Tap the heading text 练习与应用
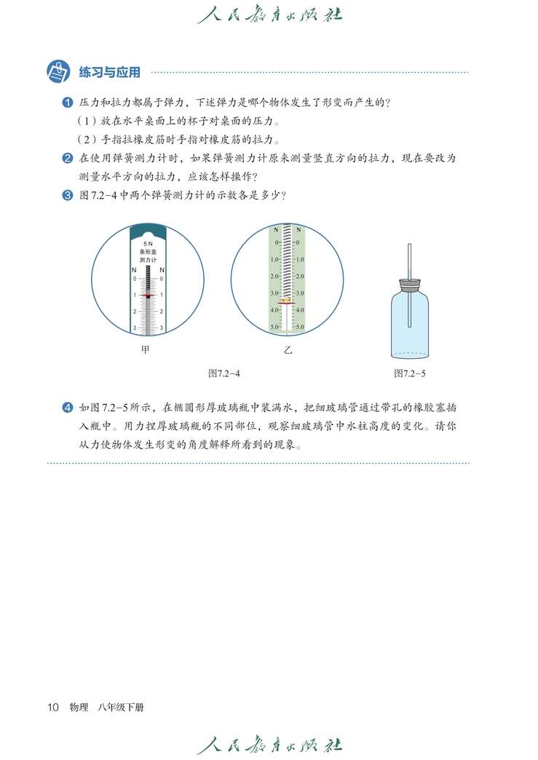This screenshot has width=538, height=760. click(109, 72)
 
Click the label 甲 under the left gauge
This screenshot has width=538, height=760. click(146, 350)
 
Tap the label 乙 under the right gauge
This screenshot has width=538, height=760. click(288, 350)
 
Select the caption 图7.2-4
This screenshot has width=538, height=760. click(224, 373)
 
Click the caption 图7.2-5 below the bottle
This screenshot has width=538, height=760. click(409, 373)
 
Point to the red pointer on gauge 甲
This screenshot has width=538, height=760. click(148, 296)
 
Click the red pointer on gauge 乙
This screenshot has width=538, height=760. click(287, 299)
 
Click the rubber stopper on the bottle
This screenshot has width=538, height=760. click(409, 285)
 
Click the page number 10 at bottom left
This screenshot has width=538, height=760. click(52, 707)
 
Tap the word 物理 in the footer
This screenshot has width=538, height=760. click(79, 707)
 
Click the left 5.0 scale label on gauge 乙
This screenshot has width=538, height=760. click(274, 327)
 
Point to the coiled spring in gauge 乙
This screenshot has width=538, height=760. click(287, 262)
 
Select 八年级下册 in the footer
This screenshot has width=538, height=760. click(121, 707)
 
